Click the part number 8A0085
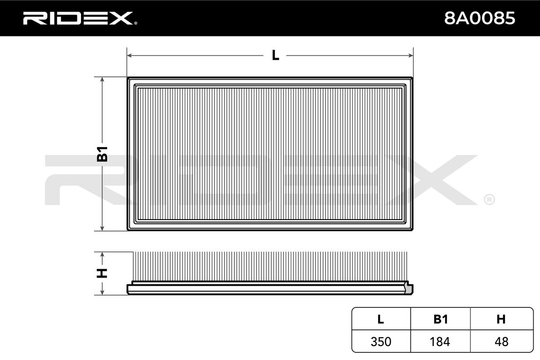[x=480, y=18]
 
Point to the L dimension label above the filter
[x=275, y=55]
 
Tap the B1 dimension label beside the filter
[x=102, y=154]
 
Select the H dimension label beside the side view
[x=102, y=273]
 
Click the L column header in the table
[x=380, y=319]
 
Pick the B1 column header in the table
[x=441, y=319]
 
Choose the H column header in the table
[x=501, y=319]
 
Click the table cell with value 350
[x=381, y=342]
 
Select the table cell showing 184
[x=440, y=342]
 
